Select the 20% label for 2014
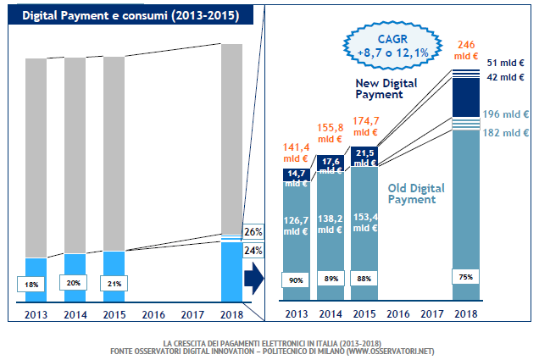[75, 283]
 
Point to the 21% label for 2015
[114, 281]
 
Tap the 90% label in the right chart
[296, 279]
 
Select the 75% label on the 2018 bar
[466, 277]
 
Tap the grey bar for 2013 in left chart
[35, 157]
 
